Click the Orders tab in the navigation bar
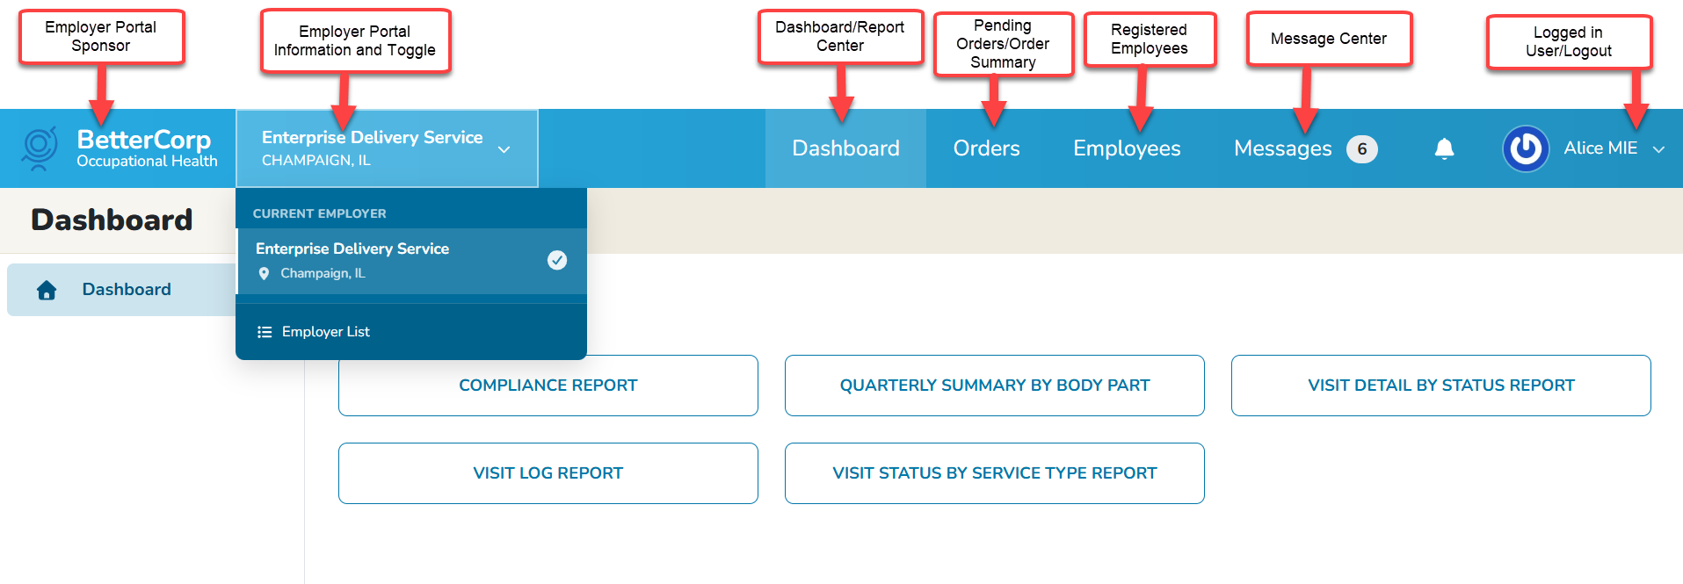[x=986, y=148]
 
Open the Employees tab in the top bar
[x=1127, y=148]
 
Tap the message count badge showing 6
[x=1361, y=149]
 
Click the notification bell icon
[x=1444, y=148]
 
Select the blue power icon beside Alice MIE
[x=1526, y=148]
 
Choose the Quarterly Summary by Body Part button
[x=994, y=386]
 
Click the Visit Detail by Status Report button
[x=1440, y=386]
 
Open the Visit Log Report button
[x=548, y=473]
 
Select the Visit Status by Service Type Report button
[x=994, y=473]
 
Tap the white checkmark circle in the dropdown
[x=557, y=260]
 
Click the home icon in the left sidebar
[x=47, y=290]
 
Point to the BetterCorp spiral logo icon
[x=40, y=148]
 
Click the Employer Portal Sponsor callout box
[x=101, y=37]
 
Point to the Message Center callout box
[x=1328, y=39]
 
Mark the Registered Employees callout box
[x=1150, y=40]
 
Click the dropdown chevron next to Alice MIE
[x=1658, y=149]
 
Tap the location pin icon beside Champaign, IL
[x=264, y=274]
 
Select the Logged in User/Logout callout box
[x=1569, y=42]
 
